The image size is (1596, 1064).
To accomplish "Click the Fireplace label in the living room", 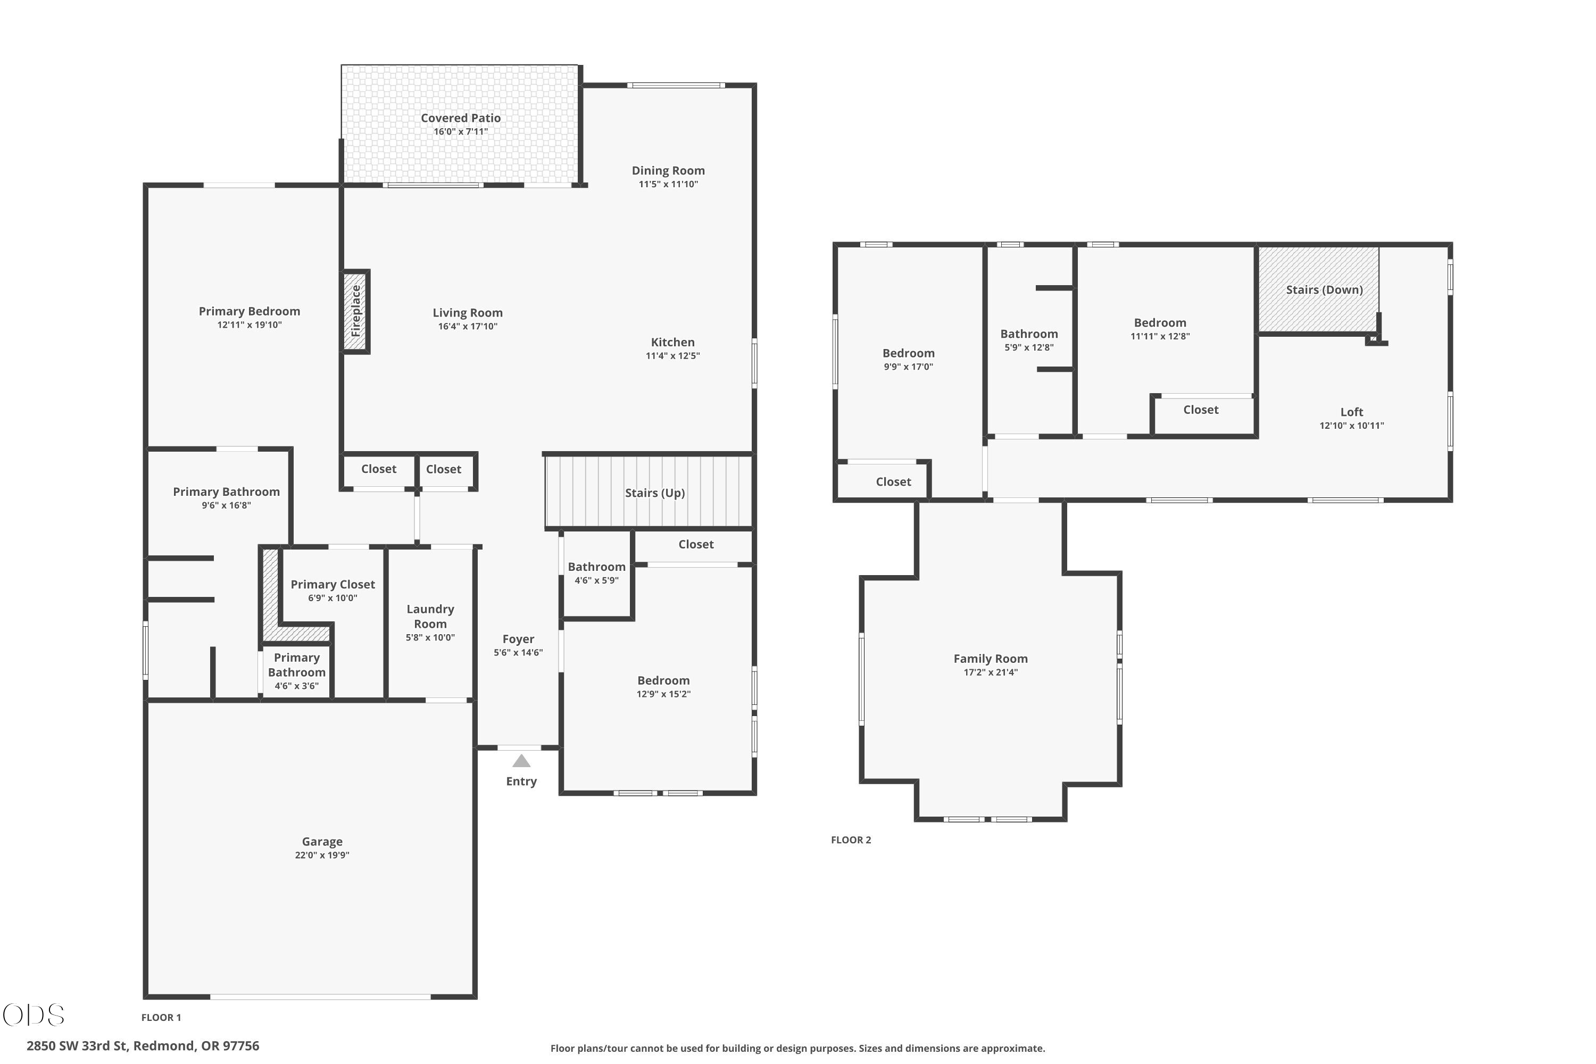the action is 355,311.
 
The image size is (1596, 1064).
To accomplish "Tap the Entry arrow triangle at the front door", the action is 521,761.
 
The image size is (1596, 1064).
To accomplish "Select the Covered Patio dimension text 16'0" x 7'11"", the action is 461,131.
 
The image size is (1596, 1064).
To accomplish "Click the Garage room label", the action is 322,842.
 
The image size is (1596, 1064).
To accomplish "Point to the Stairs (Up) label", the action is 655,493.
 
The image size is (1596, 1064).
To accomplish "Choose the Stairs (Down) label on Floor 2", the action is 1324,290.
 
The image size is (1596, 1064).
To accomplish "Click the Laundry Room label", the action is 430,616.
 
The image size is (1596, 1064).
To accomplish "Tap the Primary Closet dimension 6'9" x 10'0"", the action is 332,598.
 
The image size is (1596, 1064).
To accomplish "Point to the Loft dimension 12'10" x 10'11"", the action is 1352,426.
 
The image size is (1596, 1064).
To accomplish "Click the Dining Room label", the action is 668,170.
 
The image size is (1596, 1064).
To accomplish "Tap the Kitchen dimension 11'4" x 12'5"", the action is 672,355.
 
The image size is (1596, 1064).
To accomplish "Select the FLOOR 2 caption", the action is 851,839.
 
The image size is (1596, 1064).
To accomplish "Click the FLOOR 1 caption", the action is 161,1017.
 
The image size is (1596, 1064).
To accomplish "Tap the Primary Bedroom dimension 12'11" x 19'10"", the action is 249,325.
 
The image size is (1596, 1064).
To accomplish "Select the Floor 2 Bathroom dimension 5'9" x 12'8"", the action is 1029,347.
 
